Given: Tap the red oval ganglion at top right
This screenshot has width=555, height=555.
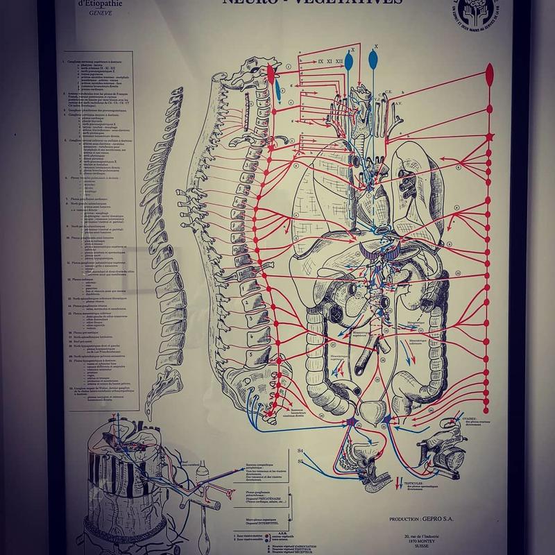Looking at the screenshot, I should tap(491, 72).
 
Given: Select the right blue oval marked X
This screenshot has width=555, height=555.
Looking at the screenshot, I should tap(376, 60).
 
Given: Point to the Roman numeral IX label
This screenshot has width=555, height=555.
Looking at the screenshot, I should tap(320, 62).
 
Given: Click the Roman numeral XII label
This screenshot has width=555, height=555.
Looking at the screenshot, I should tap(339, 62).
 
